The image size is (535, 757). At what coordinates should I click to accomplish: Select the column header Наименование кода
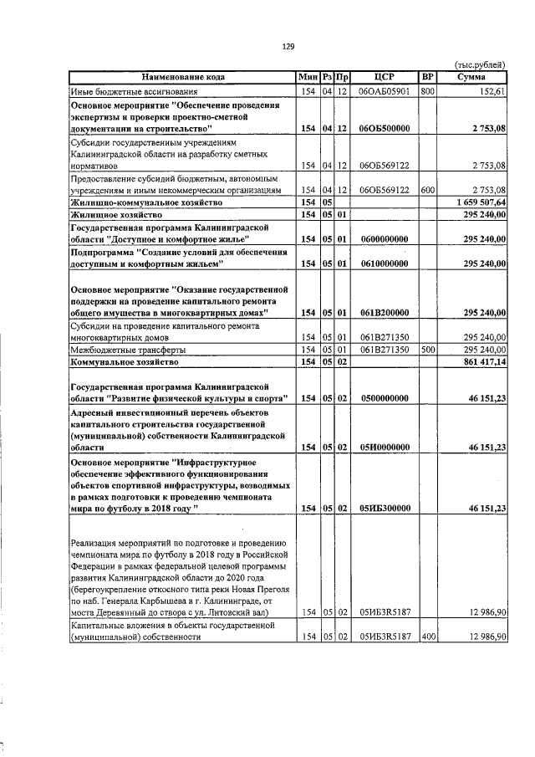(x=182, y=77)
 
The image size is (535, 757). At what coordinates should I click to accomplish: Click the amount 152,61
(x=492, y=90)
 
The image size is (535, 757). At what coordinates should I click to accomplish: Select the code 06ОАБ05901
(x=384, y=90)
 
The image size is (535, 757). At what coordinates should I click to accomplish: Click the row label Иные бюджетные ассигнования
(x=135, y=90)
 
